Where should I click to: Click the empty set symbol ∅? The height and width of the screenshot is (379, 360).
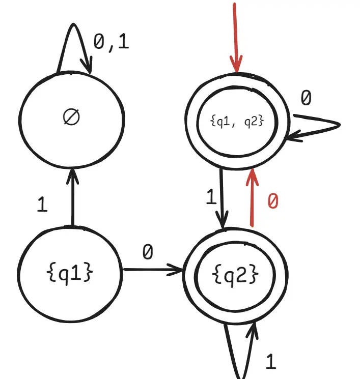(x=72, y=117)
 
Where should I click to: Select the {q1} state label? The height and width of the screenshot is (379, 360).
(x=70, y=273)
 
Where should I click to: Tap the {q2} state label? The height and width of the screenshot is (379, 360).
(x=235, y=275)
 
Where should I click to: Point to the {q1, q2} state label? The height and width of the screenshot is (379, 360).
(x=237, y=121)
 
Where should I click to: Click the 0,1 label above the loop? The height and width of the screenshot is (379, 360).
(x=112, y=42)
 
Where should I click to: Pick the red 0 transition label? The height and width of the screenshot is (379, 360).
(x=273, y=201)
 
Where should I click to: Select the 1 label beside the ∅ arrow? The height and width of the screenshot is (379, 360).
(x=42, y=205)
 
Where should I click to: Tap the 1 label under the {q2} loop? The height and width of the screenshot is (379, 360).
(x=271, y=362)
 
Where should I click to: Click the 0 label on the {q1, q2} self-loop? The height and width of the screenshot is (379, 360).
(x=305, y=98)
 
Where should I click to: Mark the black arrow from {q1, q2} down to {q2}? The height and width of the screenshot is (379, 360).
(x=222, y=198)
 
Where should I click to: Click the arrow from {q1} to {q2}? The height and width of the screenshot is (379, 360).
(x=153, y=270)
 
